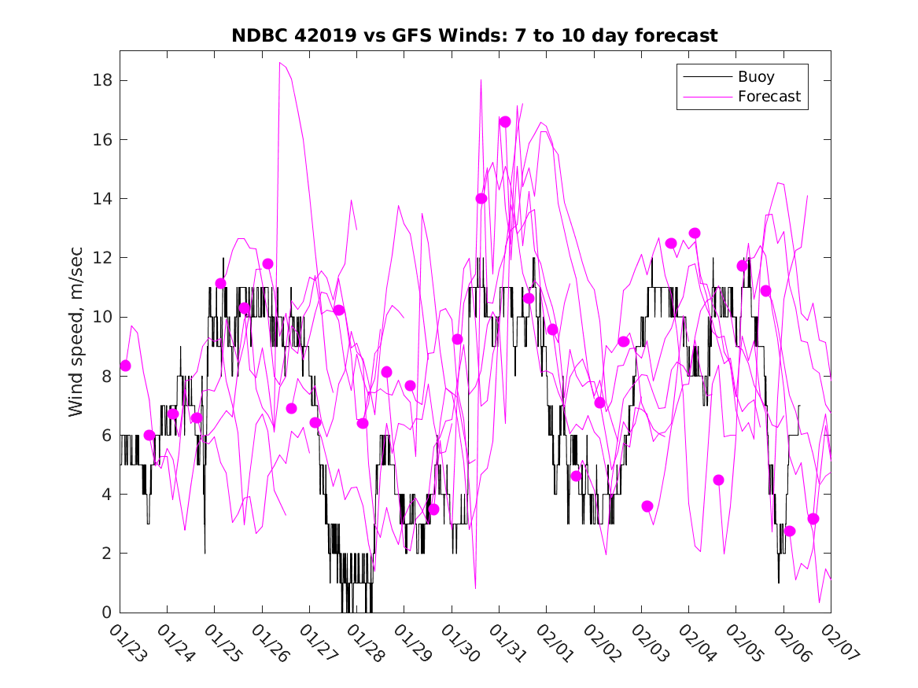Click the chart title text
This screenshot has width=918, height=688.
tap(474, 36)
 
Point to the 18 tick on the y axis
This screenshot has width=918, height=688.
tap(104, 80)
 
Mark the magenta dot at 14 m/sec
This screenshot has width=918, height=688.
tap(481, 198)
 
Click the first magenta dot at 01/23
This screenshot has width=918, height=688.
tap(125, 366)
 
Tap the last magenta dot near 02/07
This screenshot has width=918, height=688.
tap(813, 519)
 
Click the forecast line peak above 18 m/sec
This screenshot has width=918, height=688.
tap(280, 63)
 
